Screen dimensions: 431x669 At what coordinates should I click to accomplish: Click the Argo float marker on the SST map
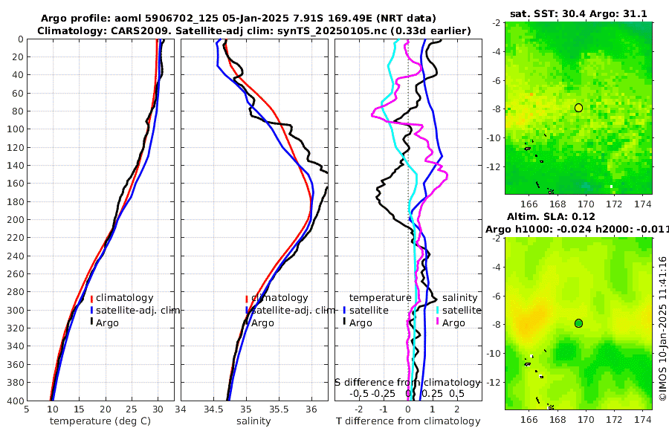tap(578, 108)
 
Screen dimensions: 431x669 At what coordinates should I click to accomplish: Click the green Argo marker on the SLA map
tap(578, 323)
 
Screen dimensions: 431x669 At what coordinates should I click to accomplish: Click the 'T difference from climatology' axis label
tap(410, 421)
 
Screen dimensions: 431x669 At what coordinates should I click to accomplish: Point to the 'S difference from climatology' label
tap(407, 381)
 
